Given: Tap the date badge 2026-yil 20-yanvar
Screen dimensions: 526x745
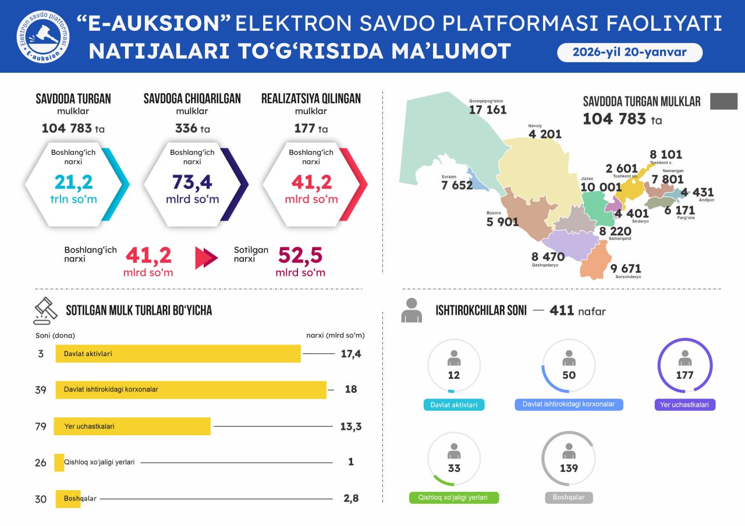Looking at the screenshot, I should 629,52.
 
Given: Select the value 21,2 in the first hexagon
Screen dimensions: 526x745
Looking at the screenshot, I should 73,182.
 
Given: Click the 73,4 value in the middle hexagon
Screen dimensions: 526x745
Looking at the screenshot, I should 192,182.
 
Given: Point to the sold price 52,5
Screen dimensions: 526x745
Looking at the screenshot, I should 300,256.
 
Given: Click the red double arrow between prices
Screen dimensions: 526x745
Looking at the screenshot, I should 206,258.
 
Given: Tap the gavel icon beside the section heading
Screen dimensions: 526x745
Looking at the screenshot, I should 45,311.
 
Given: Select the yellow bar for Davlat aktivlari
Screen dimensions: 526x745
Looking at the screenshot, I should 178,354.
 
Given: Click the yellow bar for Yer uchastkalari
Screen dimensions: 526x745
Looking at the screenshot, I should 132,426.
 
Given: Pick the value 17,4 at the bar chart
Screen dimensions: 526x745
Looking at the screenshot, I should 351,354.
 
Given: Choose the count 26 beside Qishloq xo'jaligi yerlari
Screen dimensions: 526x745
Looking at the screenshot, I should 40,463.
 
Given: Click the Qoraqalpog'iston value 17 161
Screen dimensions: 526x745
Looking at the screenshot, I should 488,109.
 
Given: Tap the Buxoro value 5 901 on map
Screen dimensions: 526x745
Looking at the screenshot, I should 502,222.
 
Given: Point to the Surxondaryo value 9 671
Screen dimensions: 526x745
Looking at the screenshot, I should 626,268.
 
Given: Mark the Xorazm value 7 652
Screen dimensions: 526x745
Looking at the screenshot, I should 457,185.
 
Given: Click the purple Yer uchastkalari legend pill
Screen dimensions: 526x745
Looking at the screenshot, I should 684,404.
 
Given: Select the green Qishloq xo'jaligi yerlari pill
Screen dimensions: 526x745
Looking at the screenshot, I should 454,497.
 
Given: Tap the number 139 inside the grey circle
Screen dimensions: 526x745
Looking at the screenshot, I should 569,468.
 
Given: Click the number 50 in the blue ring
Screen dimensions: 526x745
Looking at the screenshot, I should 569,375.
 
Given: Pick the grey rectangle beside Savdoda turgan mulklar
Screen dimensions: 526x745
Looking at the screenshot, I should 723,101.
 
